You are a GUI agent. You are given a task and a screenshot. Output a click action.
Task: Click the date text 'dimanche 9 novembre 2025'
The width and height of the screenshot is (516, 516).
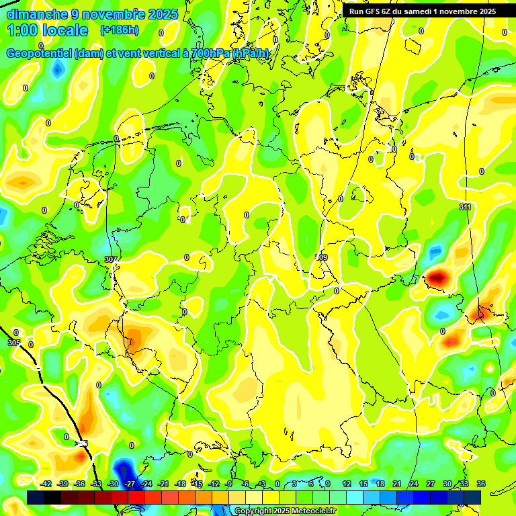point(92,14)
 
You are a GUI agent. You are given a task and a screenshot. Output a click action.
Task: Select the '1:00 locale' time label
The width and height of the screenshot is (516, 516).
point(47,31)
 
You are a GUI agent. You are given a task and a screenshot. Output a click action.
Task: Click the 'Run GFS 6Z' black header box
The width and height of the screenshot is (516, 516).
point(422,11)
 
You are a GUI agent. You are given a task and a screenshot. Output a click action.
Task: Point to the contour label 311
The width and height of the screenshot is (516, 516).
point(465,207)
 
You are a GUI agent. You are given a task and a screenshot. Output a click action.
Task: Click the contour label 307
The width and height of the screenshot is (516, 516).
point(111,259)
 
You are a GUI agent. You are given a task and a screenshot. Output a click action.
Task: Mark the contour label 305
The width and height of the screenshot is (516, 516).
point(14,343)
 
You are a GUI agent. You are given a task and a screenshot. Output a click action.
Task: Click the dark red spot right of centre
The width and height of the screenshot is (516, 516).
point(438,277)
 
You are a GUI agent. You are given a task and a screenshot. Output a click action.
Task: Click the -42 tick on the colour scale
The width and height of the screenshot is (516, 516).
point(46,484)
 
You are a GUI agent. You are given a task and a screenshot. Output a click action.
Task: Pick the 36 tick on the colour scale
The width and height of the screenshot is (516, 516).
point(481,484)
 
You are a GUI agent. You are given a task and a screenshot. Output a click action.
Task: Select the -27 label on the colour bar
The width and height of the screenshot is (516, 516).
point(130,484)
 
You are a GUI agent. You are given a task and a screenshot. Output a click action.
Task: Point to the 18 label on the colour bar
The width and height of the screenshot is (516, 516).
point(380,484)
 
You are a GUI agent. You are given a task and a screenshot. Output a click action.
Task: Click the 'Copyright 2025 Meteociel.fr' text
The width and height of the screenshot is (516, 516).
point(285,511)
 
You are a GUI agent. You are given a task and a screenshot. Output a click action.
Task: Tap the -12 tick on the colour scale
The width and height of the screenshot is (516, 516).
point(214,484)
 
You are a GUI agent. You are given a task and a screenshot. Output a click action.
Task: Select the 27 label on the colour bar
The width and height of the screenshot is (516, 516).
point(431,484)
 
